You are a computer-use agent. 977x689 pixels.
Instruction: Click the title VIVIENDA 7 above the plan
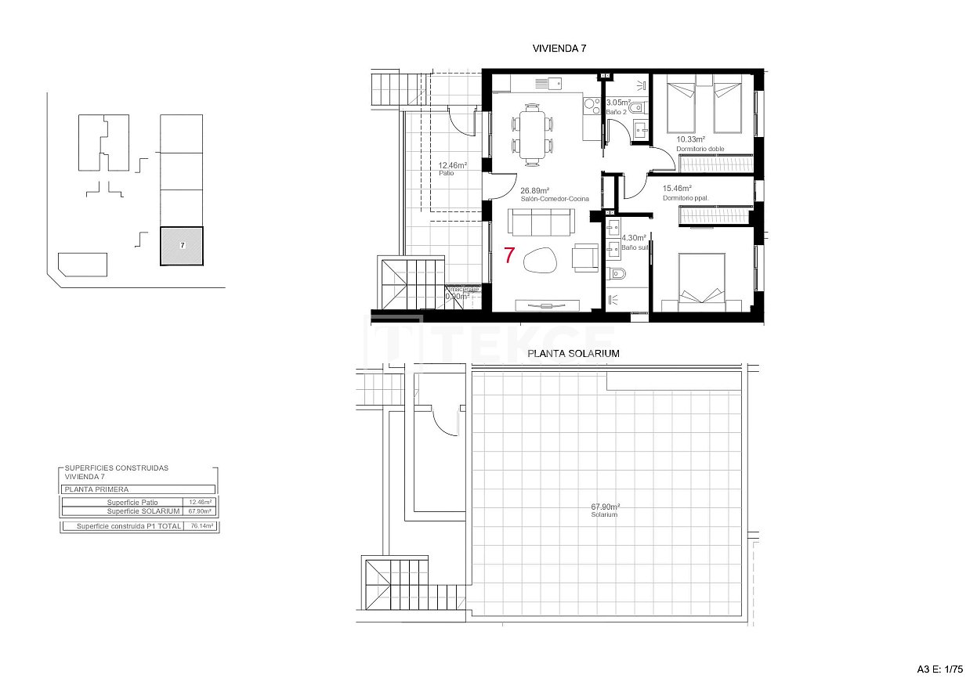tap(559, 49)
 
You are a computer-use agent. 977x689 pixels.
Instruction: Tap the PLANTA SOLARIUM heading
tap(574, 353)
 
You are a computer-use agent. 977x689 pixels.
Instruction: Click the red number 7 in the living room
tap(509, 255)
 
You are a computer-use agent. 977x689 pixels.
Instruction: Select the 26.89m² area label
tap(535, 190)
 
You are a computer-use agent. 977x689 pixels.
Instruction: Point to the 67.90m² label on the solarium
tap(605, 507)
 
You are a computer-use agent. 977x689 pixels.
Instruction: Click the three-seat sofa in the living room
tap(539, 223)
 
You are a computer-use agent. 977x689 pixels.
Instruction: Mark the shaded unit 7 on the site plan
tap(182, 246)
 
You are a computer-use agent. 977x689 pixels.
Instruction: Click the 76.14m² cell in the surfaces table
tap(201, 526)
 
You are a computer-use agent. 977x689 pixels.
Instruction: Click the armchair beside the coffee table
tap(583, 257)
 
